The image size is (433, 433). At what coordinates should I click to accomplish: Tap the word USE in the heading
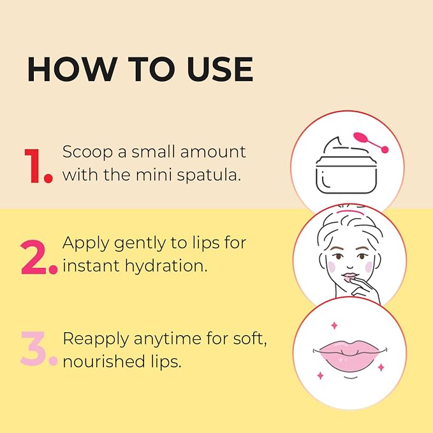click(x=220, y=69)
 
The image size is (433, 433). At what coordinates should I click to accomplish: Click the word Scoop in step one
click(x=87, y=152)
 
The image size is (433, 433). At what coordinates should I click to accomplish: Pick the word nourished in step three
click(x=104, y=362)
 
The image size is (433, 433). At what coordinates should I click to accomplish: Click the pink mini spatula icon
click(x=371, y=142)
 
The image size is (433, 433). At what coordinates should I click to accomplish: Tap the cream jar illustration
click(x=346, y=165)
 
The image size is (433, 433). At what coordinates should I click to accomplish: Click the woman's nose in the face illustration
click(x=350, y=265)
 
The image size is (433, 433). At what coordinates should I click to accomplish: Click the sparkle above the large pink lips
click(x=334, y=326)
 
